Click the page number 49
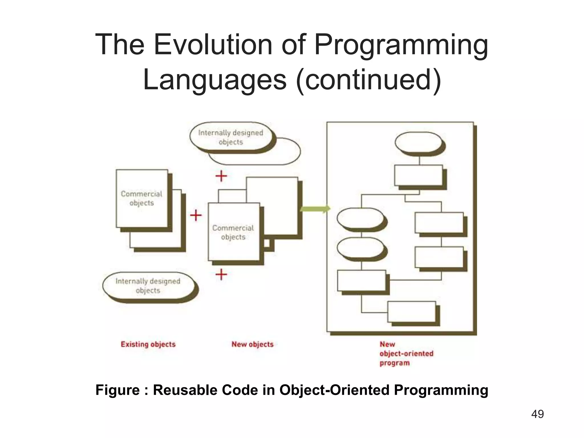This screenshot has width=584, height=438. (x=537, y=414)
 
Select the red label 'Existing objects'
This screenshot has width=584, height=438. (x=148, y=344)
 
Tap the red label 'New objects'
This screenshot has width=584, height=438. (x=252, y=344)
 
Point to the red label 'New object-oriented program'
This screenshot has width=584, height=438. (x=406, y=354)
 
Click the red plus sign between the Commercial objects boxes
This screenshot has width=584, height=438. (x=196, y=215)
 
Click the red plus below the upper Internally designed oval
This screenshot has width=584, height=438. (x=221, y=176)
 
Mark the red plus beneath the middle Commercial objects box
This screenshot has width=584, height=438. (x=221, y=274)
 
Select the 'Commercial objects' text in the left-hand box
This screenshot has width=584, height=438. (x=141, y=198)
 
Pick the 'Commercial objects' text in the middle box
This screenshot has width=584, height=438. (x=233, y=232)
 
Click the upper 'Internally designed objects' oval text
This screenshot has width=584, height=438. (x=230, y=137)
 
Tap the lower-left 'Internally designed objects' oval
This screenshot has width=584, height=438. (x=148, y=286)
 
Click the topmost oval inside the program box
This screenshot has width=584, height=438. (x=418, y=142)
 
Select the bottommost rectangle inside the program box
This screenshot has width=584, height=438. (x=411, y=311)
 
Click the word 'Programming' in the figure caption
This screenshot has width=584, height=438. (x=441, y=390)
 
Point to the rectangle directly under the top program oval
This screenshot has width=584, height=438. (x=418, y=175)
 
